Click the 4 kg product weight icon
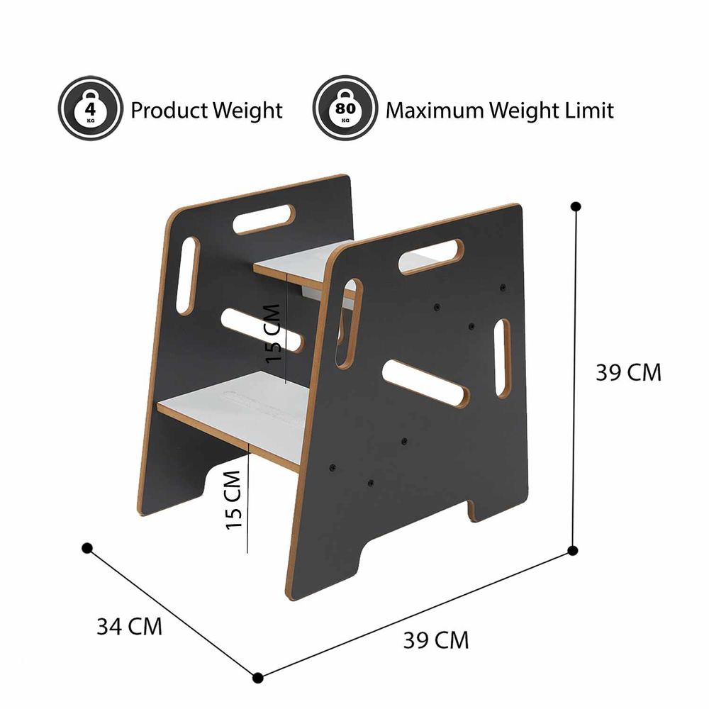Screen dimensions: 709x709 (x=91, y=108)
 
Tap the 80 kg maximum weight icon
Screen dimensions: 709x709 (x=345, y=108)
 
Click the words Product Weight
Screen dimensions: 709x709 (x=206, y=111)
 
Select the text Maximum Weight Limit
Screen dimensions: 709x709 (x=500, y=111)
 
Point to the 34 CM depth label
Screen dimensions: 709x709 (x=129, y=627)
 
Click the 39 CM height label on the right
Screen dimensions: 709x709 (x=628, y=373)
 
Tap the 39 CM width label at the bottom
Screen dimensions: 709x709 (x=436, y=640)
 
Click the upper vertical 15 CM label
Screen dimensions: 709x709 (x=273, y=333)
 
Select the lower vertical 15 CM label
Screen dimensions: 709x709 (x=234, y=500)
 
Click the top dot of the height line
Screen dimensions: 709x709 (x=576, y=206)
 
